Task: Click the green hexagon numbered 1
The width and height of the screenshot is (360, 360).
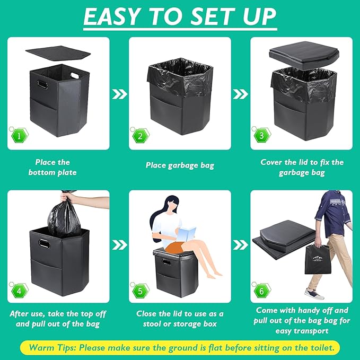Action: tap(19, 136)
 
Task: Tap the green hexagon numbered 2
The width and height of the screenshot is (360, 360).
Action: tap(141, 136)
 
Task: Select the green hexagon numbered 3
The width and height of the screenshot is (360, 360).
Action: tap(262, 135)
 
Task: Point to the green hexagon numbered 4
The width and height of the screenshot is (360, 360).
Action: tap(19, 291)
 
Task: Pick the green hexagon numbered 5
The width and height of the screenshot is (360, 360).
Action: tap(141, 291)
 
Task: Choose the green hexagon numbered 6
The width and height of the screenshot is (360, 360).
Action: tap(262, 291)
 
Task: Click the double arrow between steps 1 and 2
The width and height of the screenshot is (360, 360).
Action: tap(119, 94)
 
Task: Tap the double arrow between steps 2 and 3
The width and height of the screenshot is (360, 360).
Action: tap(241, 94)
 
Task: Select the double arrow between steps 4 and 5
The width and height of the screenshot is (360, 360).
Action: tap(119, 245)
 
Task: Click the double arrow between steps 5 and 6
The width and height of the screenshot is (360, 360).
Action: tap(241, 245)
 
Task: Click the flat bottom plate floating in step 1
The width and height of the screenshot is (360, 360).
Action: tap(58, 54)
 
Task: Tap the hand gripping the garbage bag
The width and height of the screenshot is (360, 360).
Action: tap(67, 197)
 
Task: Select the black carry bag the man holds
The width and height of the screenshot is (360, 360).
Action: tap(318, 259)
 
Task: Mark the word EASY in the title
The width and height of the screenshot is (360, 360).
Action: tap(111, 16)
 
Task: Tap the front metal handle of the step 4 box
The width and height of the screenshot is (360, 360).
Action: tap(44, 243)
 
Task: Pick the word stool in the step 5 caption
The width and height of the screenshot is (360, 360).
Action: tap(153, 324)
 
